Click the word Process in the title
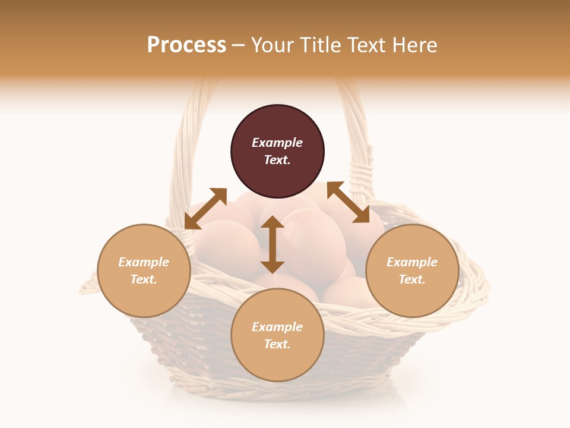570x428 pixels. coord(186,45)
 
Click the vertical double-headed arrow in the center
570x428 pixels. coord(273,244)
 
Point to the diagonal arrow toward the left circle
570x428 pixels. coord(205,209)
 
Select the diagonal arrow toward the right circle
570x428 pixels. coord(348,203)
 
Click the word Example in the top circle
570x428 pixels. coord(277,143)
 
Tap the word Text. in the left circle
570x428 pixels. coord(144,279)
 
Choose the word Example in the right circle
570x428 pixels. coord(412,262)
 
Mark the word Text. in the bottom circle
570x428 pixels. coord(277,344)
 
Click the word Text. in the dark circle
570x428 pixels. coord(277,160)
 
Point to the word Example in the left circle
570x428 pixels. coord(144,262)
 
